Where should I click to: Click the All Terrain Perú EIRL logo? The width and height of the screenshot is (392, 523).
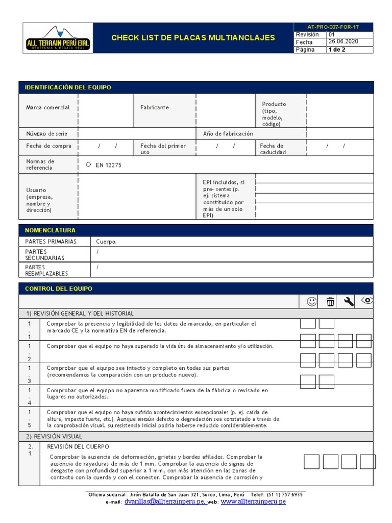(x=58, y=39)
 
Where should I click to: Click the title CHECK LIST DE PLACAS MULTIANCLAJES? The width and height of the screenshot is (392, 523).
(x=193, y=38)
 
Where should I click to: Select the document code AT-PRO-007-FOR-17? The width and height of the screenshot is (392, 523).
(x=333, y=27)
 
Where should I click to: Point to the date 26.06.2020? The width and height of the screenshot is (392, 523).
(x=344, y=42)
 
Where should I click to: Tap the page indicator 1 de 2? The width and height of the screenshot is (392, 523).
(x=337, y=50)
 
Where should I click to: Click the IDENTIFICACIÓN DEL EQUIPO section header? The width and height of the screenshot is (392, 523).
(x=68, y=87)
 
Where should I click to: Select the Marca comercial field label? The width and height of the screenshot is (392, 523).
(x=48, y=107)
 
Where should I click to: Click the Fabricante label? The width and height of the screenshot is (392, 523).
(x=155, y=107)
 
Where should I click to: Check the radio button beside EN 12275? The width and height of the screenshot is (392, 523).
(x=88, y=164)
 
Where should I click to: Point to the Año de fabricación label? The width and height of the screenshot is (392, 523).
(x=228, y=134)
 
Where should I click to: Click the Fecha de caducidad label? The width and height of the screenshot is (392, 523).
(x=273, y=149)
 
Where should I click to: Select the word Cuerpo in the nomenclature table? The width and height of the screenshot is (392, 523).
(x=106, y=242)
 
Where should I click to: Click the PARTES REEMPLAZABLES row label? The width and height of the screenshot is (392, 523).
(x=46, y=270)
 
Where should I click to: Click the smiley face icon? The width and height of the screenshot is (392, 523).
(x=311, y=302)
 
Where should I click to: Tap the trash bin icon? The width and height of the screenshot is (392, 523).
(x=330, y=302)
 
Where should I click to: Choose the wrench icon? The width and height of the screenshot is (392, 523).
(x=349, y=302)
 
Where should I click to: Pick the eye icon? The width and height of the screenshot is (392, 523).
(x=367, y=301)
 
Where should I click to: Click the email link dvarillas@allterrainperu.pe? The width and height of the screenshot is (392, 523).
(x=165, y=502)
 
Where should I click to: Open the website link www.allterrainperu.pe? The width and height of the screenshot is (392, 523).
(x=253, y=502)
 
